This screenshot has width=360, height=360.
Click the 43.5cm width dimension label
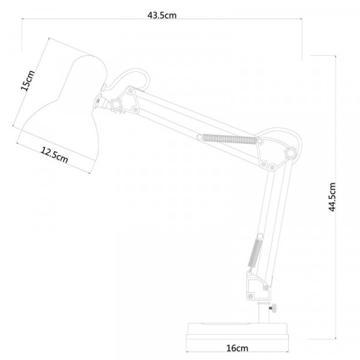tap(162, 16)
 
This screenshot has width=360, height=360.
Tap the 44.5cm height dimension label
tap(332, 197)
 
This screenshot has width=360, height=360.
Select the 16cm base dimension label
tap(237, 348)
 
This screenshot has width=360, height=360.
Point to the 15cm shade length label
tap(28, 80)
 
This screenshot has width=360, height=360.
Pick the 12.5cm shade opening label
tap(55, 155)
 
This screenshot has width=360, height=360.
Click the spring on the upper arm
tap(229, 139)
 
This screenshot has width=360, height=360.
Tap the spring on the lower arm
tap(254, 253)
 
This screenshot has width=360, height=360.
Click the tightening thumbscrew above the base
tap(274, 308)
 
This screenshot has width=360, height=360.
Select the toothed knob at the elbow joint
tap(290, 153)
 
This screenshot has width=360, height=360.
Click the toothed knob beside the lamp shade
tap(116, 105)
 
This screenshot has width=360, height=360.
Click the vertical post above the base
tap(263, 313)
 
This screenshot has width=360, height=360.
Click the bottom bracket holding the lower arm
tap(257, 288)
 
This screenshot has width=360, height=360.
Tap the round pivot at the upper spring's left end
tap(200, 137)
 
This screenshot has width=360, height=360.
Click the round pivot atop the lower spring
tap(260, 236)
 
